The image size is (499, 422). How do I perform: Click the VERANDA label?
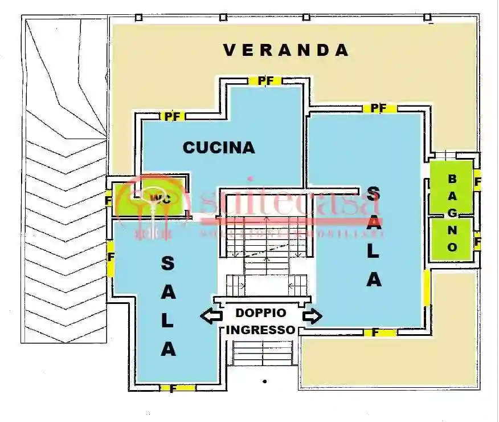285,50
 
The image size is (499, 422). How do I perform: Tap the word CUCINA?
219,148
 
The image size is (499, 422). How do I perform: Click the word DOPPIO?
261,313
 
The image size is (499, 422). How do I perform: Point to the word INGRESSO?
261,330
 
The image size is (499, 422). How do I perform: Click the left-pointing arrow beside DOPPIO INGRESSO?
211,316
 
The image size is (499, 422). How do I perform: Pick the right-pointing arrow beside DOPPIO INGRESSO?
312,316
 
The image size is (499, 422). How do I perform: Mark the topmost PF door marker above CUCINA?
265,81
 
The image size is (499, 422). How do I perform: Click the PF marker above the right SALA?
379,108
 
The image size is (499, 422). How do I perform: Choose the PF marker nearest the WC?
172,116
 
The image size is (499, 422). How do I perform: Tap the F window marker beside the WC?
108,201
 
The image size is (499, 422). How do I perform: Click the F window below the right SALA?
376,332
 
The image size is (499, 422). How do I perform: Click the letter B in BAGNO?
452,178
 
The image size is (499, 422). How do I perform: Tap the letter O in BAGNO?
452,247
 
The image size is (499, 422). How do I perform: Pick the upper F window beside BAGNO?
477,182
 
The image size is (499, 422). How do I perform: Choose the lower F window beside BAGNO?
477,242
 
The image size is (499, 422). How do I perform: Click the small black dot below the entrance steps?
264,380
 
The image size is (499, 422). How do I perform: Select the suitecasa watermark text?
291,204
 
